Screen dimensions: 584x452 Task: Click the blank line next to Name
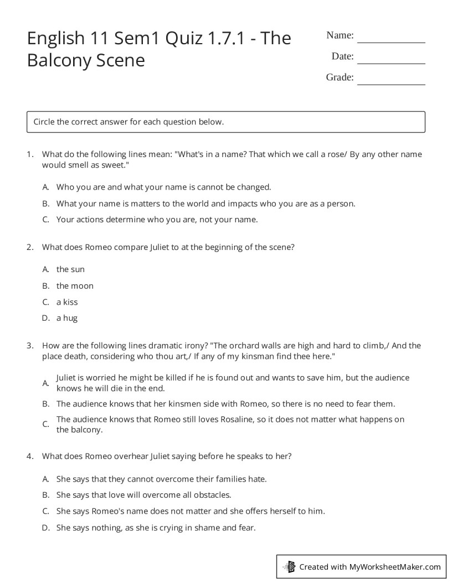(391, 39)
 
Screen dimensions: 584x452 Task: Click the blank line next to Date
(391, 60)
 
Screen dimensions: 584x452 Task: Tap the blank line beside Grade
(391, 81)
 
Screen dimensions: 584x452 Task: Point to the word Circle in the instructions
(44, 122)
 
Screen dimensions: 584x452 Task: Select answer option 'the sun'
(70, 269)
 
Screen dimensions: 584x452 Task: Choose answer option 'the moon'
(75, 286)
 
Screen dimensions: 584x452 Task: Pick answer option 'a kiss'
(67, 302)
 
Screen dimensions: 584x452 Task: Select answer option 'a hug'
(67, 318)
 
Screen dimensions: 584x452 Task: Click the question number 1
(29, 155)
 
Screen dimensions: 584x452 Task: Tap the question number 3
(29, 346)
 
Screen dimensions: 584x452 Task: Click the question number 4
(29, 456)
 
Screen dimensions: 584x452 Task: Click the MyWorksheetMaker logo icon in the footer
(289, 566)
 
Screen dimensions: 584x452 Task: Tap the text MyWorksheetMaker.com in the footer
(395, 566)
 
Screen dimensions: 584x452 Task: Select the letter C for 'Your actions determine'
(46, 220)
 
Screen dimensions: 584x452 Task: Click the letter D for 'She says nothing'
(46, 528)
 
